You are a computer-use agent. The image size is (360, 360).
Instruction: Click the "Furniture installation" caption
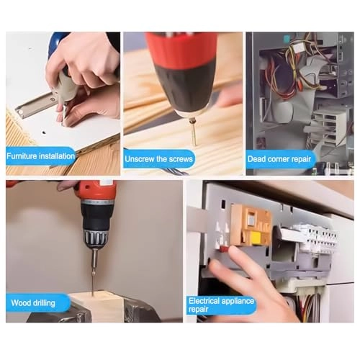(41, 155)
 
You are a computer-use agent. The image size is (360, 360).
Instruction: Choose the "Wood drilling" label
(32, 302)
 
